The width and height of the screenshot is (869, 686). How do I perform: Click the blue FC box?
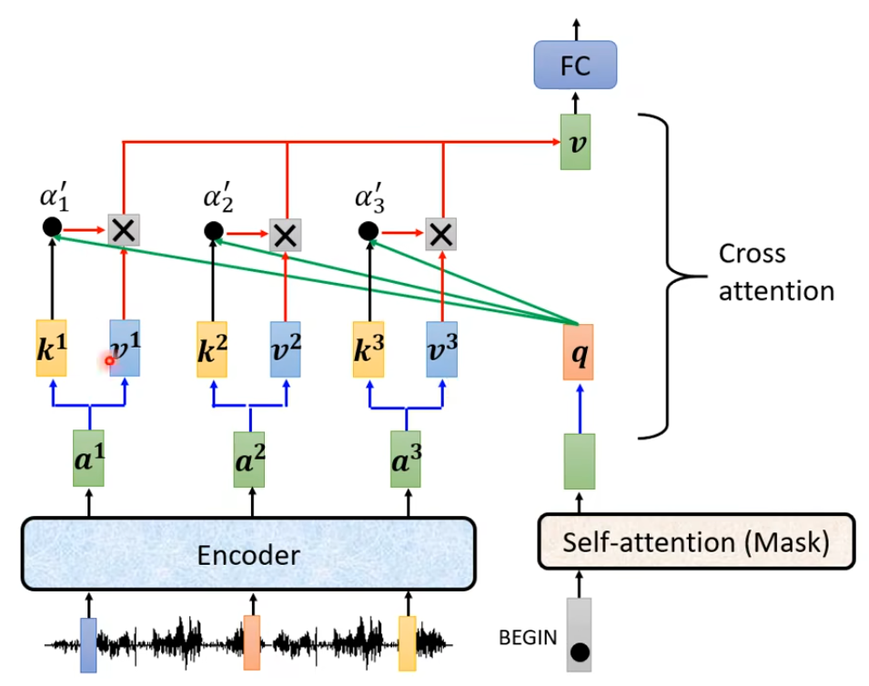tap(575, 66)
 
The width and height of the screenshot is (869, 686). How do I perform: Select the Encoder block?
tap(248, 554)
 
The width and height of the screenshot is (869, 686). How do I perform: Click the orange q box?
tap(578, 351)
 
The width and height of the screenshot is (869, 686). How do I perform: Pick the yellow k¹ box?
tap(52, 348)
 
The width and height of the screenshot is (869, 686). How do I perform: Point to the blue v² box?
tap(285, 348)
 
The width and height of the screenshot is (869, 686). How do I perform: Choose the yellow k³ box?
tap(369, 348)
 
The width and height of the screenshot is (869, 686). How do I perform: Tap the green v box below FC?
tap(575, 142)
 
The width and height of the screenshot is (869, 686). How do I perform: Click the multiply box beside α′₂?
tap(286, 235)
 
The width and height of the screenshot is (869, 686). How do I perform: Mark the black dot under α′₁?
tap(51, 228)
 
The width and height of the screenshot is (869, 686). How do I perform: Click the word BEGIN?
tap(528, 638)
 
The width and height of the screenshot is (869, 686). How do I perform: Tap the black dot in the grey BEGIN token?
tap(579, 651)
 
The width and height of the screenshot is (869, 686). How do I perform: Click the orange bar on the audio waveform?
tap(251, 642)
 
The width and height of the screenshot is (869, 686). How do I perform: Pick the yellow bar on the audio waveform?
tap(407, 642)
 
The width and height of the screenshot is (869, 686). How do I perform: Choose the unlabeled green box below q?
tap(579, 462)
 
